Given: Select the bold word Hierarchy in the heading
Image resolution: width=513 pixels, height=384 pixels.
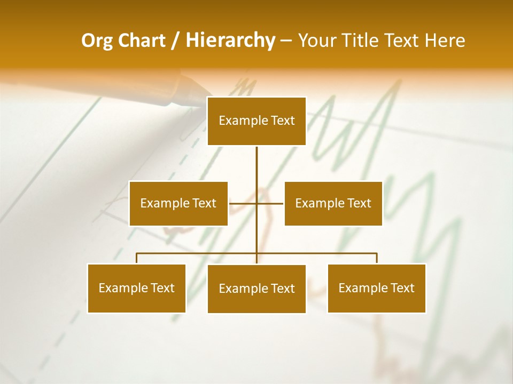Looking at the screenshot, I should coord(230,41).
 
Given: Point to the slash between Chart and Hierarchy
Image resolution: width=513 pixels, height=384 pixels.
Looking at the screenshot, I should coord(175,41).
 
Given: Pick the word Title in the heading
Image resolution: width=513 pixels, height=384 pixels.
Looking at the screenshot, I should coord(363,41).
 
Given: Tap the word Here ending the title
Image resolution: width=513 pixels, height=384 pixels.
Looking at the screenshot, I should coord(445,41).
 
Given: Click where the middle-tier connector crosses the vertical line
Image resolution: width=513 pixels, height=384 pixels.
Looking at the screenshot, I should coord(256,203).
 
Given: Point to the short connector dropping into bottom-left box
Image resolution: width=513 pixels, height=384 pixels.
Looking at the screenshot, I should coord(136,259).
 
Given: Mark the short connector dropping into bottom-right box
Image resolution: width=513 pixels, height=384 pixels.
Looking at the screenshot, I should coord(377,259).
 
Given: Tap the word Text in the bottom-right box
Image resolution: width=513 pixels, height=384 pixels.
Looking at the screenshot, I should coord(402,288).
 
